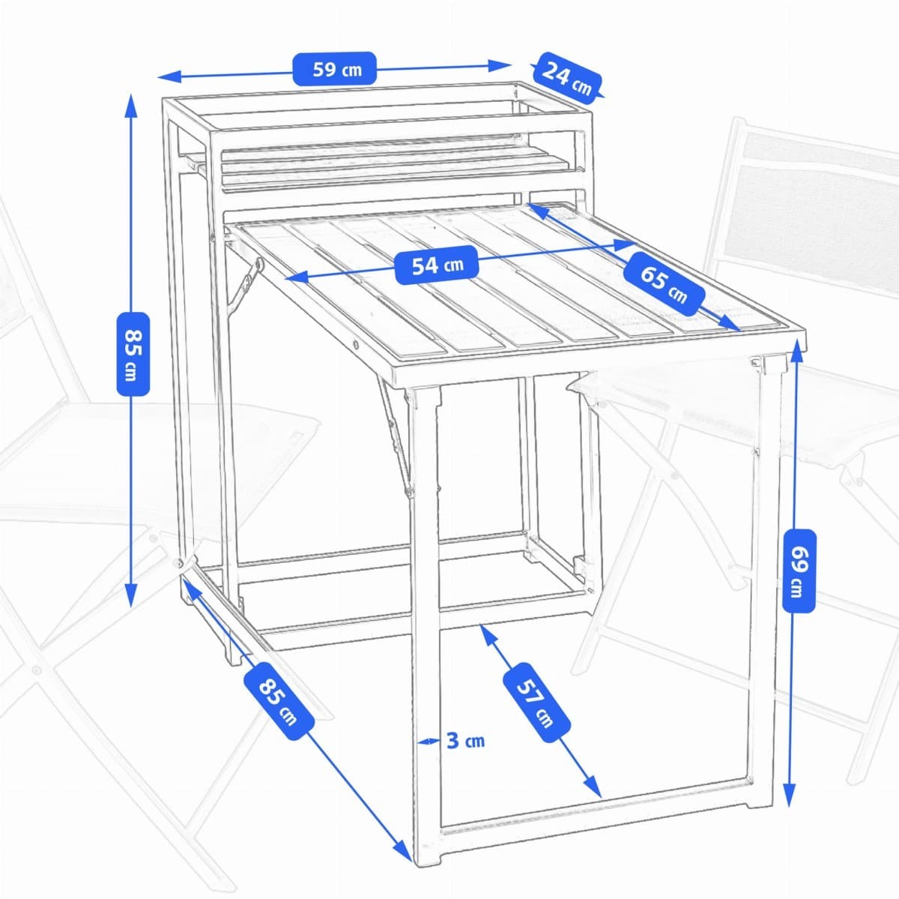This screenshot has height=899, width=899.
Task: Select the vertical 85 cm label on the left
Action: (133, 352)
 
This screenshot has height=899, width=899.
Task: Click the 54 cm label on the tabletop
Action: (438, 265)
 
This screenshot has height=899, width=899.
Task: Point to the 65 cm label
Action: (664, 283)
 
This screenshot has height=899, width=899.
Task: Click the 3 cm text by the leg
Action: (465, 741)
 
